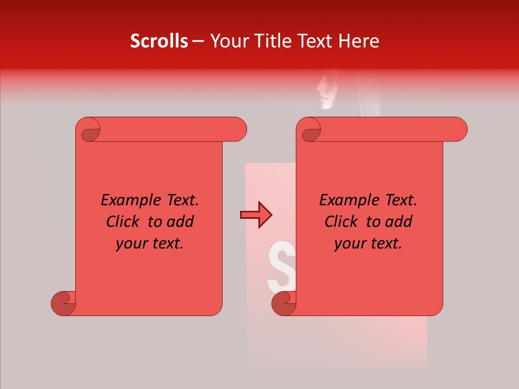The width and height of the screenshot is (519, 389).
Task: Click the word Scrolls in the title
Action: point(159,41)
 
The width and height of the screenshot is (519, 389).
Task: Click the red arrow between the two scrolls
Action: point(256,215)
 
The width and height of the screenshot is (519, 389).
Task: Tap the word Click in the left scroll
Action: point(125,222)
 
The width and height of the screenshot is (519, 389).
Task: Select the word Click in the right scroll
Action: point(343,222)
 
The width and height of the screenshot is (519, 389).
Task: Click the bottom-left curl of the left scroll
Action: point(64,303)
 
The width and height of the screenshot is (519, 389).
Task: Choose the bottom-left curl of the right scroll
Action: point(283,303)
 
